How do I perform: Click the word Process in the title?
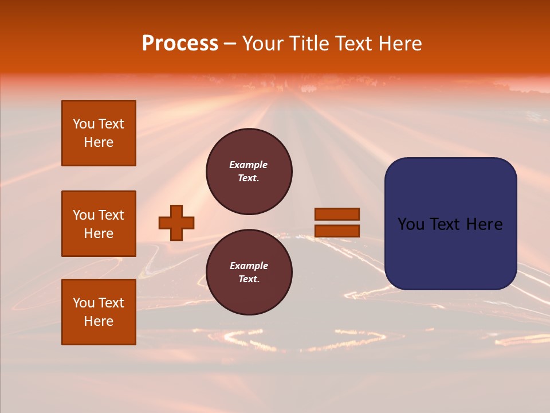click(180, 44)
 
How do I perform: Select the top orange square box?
click(99, 133)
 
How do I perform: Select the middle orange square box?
click(99, 224)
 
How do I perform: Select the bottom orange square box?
click(99, 311)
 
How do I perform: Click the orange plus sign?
click(176, 223)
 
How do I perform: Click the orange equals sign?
click(337, 223)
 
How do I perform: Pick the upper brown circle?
click(249, 171)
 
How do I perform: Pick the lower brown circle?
click(249, 272)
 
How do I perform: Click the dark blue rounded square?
click(450, 224)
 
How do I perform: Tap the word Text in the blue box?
click(446, 224)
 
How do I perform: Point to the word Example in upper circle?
click(248, 165)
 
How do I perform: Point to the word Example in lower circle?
click(249, 266)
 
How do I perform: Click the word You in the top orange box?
click(84, 124)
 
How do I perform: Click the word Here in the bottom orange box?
click(99, 321)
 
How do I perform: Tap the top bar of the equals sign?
click(337, 214)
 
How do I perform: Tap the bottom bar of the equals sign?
click(337, 231)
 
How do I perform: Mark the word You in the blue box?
click(411, 224)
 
